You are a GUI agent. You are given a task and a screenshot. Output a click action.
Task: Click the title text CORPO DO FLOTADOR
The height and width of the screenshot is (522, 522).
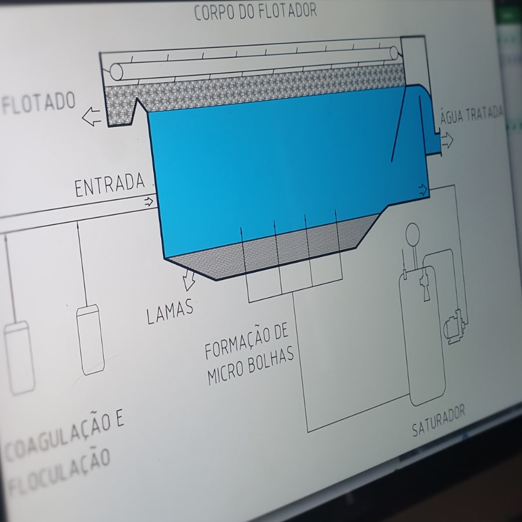255,12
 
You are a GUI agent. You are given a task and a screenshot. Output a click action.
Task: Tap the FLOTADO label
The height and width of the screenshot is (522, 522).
39,103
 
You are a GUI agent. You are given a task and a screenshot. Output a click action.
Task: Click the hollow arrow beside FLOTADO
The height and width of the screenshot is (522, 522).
92,117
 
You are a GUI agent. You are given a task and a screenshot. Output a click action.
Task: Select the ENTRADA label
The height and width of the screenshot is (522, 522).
110,185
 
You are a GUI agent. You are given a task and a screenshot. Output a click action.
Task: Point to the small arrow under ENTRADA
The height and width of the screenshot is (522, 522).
148,201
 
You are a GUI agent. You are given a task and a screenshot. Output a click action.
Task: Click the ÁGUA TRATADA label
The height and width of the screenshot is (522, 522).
472,114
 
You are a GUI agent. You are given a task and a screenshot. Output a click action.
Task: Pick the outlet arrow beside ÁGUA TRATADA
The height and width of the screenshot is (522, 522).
447,140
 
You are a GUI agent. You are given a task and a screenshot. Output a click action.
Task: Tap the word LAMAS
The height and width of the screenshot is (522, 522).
170,311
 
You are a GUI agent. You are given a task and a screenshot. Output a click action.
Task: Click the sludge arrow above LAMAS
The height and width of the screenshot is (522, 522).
188,280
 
